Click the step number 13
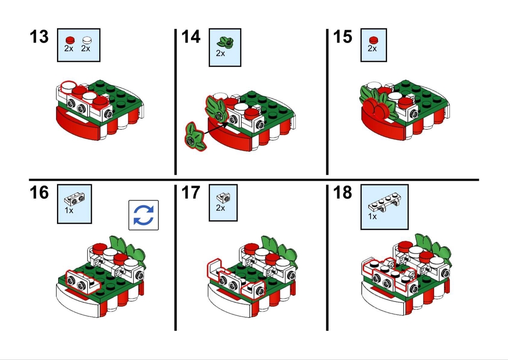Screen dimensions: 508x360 coord(39,37)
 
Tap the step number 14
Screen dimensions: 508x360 coord(191,37)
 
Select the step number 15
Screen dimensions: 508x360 coord(342,37)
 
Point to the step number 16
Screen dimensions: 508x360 coord(39,193)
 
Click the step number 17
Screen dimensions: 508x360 coord(191,193)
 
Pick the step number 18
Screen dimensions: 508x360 coord(342,193)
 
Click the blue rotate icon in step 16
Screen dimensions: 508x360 coord(143,215)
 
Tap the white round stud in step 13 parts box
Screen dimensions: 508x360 coord(87,40)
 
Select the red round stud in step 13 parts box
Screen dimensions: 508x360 coord(70,40)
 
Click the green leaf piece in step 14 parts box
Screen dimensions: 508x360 coord(225,42)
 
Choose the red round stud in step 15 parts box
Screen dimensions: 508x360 coord(374,40)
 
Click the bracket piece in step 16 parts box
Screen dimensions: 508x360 coord(74,198)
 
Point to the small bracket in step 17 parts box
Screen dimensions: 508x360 coord(223,197)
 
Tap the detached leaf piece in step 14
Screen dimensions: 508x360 coord(195,137)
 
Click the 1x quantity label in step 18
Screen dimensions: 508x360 coord(372,216)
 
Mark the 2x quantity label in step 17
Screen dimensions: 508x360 coord(220,208)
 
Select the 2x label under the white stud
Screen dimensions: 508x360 coord(85,48)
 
